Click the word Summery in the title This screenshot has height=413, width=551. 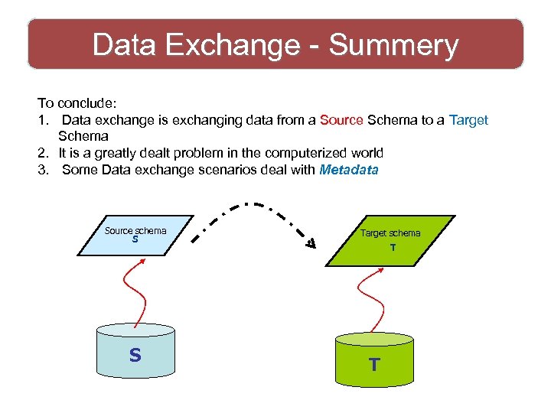point(394,45)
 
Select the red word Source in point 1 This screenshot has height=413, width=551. point(341,120)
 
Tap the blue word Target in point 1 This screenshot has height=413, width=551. point(468,120)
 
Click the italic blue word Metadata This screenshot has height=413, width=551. point(348,170)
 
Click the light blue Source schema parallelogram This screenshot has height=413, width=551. point(137,234)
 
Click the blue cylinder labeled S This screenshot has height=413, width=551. point(135,353)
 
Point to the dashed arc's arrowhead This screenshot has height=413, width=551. point(311,243)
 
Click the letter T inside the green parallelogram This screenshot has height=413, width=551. point(392,248)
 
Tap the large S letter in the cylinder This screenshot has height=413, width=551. point(135,355)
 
